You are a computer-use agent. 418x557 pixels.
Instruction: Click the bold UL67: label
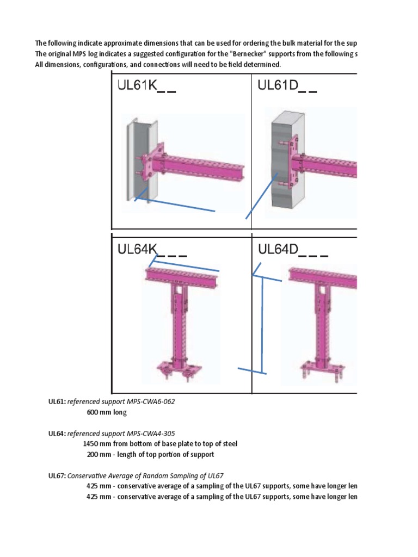57,475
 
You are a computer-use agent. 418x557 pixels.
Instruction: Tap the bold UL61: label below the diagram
57,401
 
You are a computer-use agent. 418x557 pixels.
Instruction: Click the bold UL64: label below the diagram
57,433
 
